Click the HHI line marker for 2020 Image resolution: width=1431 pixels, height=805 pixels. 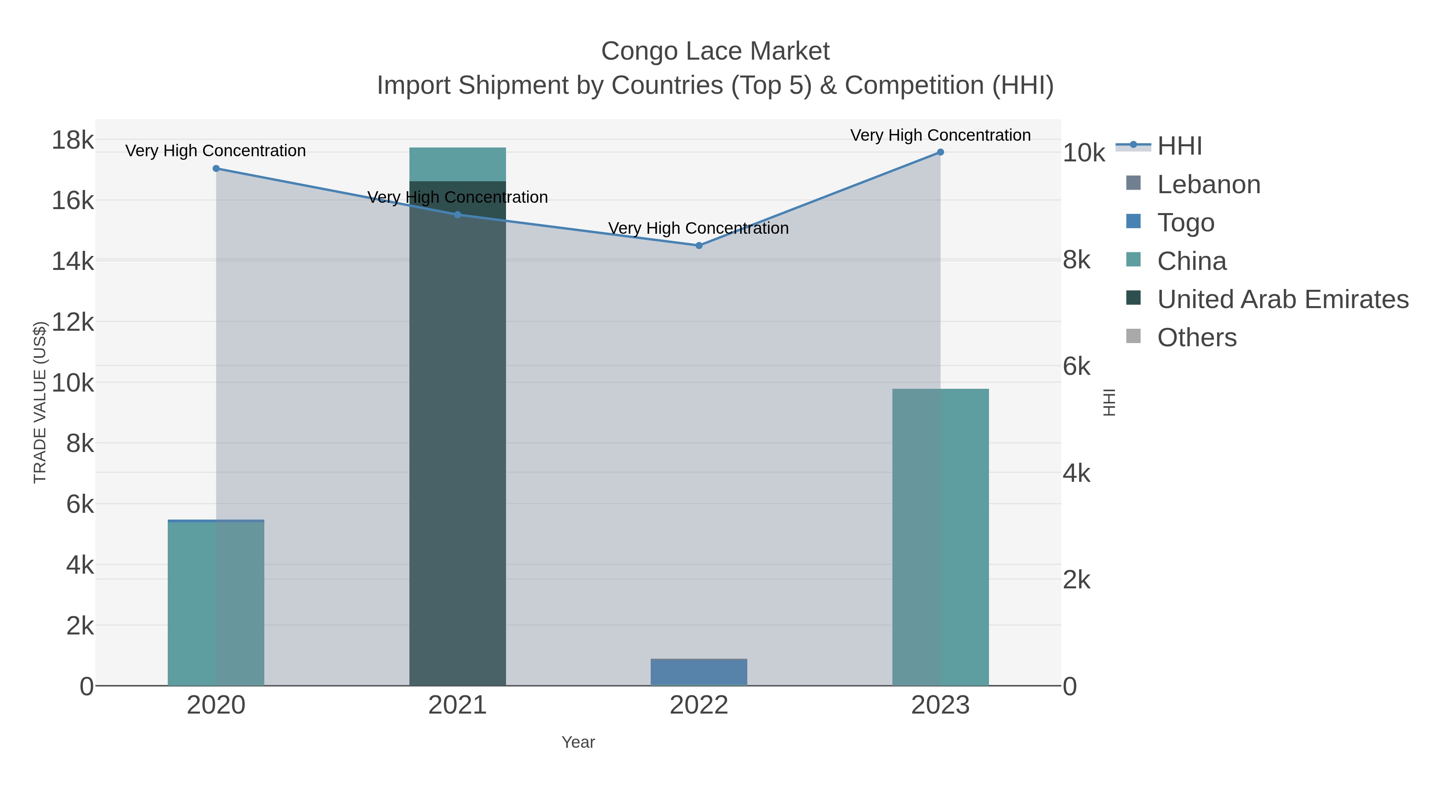pos(216,168)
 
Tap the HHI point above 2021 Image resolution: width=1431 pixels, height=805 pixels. pos(458,214)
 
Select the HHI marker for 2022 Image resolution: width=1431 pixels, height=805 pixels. pos(699,246)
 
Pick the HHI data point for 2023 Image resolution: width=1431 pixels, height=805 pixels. pos(940,152)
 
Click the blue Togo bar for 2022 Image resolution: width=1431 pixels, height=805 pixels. pos(699,672)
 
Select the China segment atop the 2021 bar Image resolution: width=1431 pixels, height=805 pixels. pos(458,165)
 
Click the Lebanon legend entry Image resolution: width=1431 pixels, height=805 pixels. pos(1208,184)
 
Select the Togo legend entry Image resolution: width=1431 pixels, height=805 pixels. pos(1185,223)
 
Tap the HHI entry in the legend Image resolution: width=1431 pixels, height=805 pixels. pos(1179,146)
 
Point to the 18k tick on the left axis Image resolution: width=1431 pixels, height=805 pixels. pos(73,140)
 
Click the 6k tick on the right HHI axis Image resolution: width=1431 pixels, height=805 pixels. pos(1076,367)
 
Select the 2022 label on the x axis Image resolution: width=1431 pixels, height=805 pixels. pos(699,706)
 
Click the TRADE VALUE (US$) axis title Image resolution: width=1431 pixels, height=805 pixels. pos(40,402)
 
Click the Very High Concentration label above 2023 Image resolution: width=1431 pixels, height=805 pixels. pos(940,135)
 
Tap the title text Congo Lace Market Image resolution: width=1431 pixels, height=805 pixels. pos(715,51)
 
